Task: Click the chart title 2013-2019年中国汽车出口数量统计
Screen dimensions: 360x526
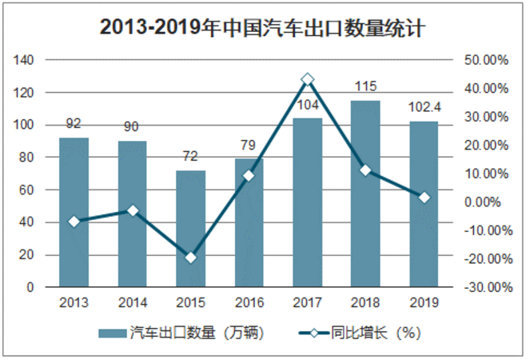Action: pyautogui.click(x=262, y=27)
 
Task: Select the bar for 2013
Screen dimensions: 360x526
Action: pyautogui.click(x=74, y=212)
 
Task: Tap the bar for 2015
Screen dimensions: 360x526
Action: pyautogui.click(x=190, y=228)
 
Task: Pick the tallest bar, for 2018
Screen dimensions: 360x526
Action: pyautogui.click(x=365, y=193)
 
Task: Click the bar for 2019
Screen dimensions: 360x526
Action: pyautogui.click(x=424, y=204)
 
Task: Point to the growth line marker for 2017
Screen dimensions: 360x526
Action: pyautogui.click(x=308, y=79)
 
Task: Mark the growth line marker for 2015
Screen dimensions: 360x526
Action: pyautogui.click(x=190, y=258)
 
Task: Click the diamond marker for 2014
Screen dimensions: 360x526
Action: pyautogui.click(x=132, y=210)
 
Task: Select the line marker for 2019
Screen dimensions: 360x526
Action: pyautogui.click(x=424, y=198)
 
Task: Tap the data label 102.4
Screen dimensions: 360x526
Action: pyautogui.click(x=424, y=108)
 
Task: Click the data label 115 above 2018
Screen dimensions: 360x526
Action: pyautogui.click(x=365, y=86)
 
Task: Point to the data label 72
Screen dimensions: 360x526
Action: pyautogui.click(x=190, y=157)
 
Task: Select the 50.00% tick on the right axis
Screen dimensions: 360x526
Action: pyautogui.click(x=486, y=60)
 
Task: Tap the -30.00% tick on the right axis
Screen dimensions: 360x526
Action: pyautogui.click(x=486, y=286)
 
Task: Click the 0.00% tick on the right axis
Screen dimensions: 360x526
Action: pyautogui.click(x=489, y=202)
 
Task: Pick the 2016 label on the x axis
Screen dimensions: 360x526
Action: pyautogui.click(x=249, y=303)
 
